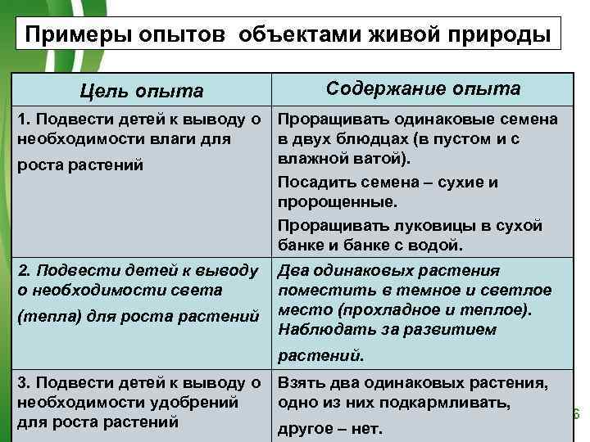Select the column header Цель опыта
pos(142,91)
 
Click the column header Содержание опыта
pos(423,88)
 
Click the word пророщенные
pos(337,201)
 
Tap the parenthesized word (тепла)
pos(43,316)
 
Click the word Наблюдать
pos(321,330)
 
